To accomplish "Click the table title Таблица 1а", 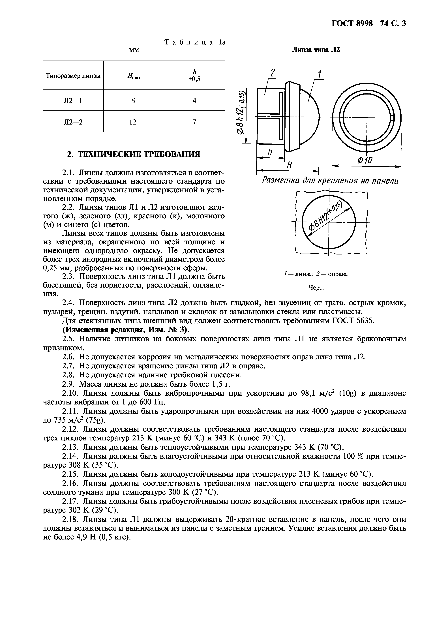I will tap(195, 42).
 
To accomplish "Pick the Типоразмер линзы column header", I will tap(73, 76).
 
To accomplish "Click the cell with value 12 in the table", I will tap(133, 122).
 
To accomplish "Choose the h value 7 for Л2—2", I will tap(194, 122).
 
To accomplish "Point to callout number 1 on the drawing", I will tap(319, 74).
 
